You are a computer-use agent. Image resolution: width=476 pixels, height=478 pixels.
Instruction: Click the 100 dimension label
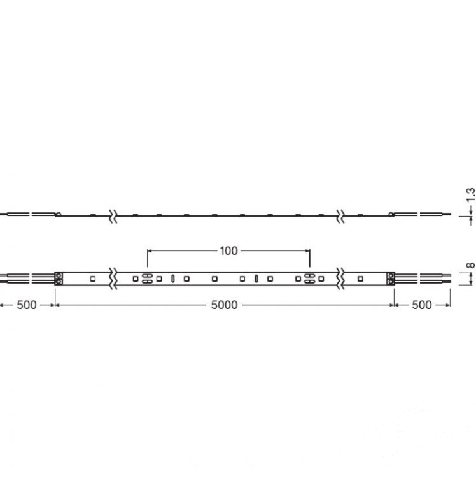(228, 251)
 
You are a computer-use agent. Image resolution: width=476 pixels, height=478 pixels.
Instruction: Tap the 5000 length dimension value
(224, 305)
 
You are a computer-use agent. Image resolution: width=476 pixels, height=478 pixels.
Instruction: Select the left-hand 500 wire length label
(27, 305)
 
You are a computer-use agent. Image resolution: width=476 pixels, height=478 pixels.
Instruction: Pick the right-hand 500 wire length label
(421, 305)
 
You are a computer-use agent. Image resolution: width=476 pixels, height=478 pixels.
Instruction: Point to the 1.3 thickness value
(470, 195)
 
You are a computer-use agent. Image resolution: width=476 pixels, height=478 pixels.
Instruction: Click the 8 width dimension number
(470, 265)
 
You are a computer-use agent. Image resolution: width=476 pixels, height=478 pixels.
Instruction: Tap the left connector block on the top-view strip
(59, 279)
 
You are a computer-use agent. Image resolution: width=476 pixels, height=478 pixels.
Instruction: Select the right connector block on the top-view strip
(391, 279)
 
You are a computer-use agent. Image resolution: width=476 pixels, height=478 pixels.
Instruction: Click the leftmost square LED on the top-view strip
(93, 279)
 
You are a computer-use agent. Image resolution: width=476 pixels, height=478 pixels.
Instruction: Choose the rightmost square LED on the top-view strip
(360, 279)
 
